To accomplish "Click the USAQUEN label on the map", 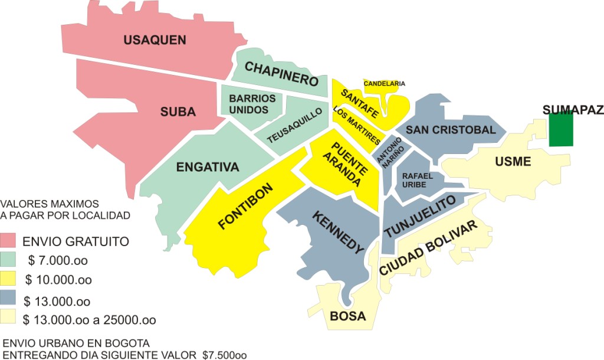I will point(155,40).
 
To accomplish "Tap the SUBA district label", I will point(178,112).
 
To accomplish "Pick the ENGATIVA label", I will point(208,167).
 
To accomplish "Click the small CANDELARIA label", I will point(384,84).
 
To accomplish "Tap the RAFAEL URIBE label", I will point(418,180).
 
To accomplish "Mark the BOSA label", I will point(348,316).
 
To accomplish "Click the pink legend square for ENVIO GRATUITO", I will point(8,241).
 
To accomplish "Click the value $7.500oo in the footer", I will point(224,355).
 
